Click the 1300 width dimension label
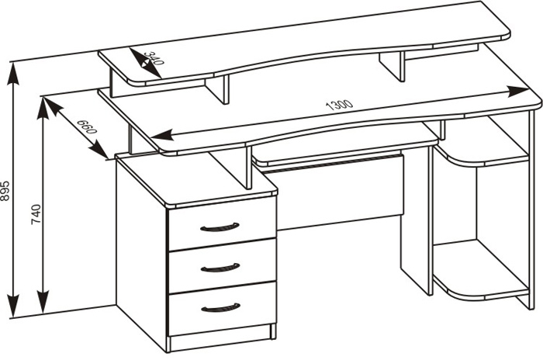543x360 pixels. (x=340, y=105)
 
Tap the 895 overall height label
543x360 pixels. (x=5, y=191)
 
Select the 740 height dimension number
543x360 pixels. (x=36, y=214)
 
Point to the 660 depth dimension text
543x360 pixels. (x=87, y=126)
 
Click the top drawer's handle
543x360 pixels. (x=220, y=227)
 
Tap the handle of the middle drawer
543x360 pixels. (x=220, y=268)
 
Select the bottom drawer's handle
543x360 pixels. (x=220, y=308)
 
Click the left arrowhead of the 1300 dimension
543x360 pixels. (x=162, y=134)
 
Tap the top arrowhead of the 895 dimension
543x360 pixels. (x=13, y=74)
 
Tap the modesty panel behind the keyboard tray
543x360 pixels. (x=341, y=194)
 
